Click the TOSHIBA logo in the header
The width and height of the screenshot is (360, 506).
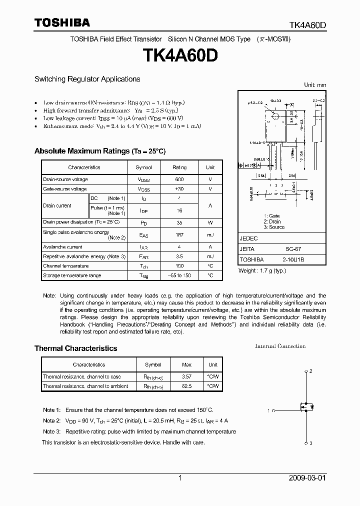[x=62, y=22]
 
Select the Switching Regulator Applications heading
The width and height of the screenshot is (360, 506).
[x=87, y=79]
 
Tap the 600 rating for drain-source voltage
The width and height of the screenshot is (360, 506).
[x=179, y=179]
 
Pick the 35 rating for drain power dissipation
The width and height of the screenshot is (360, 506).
[x=179, y=222]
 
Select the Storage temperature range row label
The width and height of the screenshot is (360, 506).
[x=72, y=275]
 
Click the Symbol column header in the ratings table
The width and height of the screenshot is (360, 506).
[x=144, y=167]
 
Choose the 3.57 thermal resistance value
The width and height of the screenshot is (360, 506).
[x=186, y=376]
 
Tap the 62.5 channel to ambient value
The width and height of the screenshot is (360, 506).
[x=186, y=386]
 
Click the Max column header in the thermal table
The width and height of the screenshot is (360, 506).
[x=186, y=365]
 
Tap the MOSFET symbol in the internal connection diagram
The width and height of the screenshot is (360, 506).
[x=306, y=407]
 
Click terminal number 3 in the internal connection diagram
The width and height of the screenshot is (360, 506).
[x=310, y=443]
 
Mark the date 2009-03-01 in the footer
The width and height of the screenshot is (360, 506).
[x=307, y=478]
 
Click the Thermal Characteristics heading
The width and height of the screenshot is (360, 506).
[x=75, y=348]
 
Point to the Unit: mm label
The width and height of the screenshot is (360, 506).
[x=315, y=85]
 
